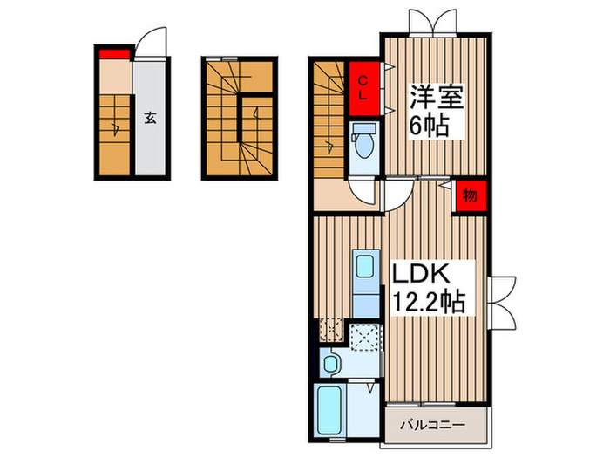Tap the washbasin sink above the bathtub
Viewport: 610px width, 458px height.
[331, 363]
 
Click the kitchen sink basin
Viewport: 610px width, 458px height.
[364, 267]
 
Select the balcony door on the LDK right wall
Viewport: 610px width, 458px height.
[504, 300]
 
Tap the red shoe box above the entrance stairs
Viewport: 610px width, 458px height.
[113, 57]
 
